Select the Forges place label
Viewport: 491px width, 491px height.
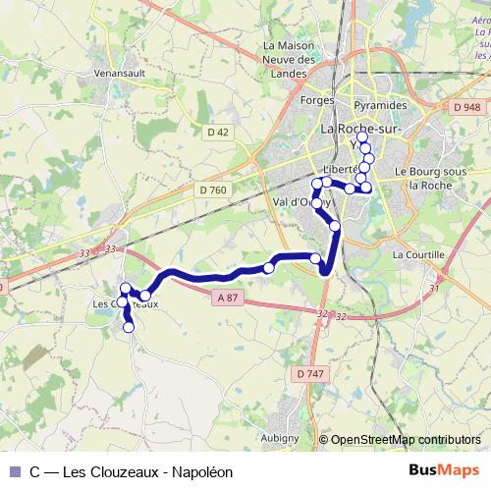[x=291, y=101]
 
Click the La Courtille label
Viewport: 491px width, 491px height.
[x=418, y=253]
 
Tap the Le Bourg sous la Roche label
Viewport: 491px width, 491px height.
[x=429, y=177]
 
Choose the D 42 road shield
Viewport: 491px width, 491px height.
[x=217, y=131]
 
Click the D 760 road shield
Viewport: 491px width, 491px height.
[x=212, y=190]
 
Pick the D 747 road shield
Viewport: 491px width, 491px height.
[x=307, y=373]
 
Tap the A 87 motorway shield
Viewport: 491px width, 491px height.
[x=228, y=298]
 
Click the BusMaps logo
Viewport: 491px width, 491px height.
[x=444, y=471]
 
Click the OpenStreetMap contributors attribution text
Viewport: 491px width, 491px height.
[x=406, y=440]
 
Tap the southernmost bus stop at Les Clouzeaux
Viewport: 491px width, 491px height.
[x=129, y=328]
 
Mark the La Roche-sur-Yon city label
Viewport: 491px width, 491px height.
[x=357, y=134]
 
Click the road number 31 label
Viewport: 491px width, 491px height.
[x=434, y=289]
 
